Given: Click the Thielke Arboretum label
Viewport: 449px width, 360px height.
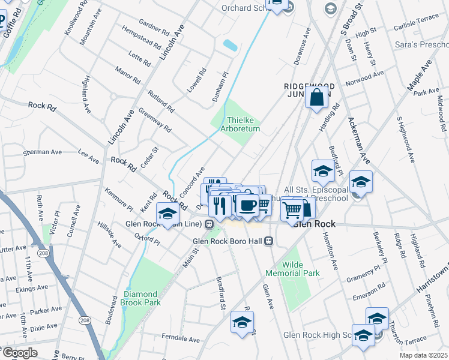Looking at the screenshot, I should pyautogui.click(x=243, y=124).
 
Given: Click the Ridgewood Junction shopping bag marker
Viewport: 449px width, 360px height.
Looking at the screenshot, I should pyautogui.click(x=317, y=97).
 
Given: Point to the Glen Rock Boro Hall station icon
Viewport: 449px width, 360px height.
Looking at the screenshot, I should pyautogui.click(x=269, y=241).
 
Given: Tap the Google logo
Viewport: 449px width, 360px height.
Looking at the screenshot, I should pyautogui.click(x=19, y=352).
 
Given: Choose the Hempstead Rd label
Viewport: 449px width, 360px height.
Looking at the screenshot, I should pyautogui.click(x=141, y=37).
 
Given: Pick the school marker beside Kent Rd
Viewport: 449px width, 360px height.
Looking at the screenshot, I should pyautogui.click(x=167, y=213).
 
